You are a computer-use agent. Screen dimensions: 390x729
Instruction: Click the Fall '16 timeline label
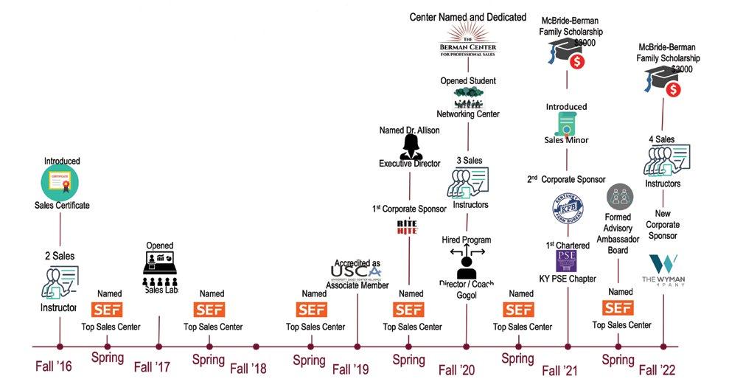pyautogui.click(x=54, y=366)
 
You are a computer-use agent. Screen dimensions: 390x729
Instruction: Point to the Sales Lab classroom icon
pyautogui.click(x=159, y=270)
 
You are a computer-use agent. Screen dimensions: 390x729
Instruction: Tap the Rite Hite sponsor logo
pyautogui.click(x=407, y=228)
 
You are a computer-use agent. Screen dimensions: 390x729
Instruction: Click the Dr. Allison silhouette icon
pyautogui.click(x=410, y=147)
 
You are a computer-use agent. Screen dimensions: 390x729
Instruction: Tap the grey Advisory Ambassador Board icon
pyautogui.click(x=619, y=198)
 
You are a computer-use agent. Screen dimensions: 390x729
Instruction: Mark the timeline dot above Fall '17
pyautogui.click(x=158, y=345)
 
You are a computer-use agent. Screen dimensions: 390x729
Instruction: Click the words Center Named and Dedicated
pyautogui.click(x=467, y=16)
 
